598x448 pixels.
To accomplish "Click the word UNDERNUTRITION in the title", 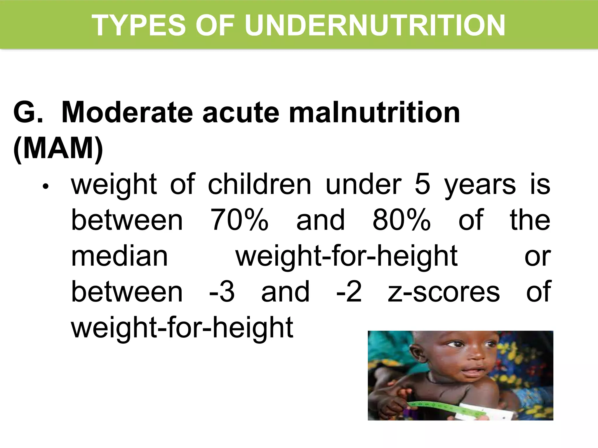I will click(x=375, y=26).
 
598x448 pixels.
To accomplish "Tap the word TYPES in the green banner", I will click(x=139, y=26).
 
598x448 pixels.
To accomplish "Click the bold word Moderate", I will click(x=127, y=113).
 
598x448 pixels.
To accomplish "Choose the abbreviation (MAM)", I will click(x=58, y=148).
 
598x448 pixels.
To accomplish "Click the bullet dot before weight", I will click(x=45, y=187).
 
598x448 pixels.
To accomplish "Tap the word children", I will click(x=260, y=184).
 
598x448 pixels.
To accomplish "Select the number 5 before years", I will click(x=423, y=184).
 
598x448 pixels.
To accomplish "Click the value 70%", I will click(x=239, y=220).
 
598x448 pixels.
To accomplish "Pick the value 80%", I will click(x=401, y=220).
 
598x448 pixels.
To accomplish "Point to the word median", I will click(x=119, y=256).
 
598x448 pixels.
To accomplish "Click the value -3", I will click(x=222, y=292).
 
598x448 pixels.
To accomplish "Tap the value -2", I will click(x=349, y=292).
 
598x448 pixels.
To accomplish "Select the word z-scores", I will click(x=444, y=292).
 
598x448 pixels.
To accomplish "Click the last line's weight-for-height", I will click(x=182, y=328).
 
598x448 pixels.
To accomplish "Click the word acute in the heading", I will click(x=241, y=113).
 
